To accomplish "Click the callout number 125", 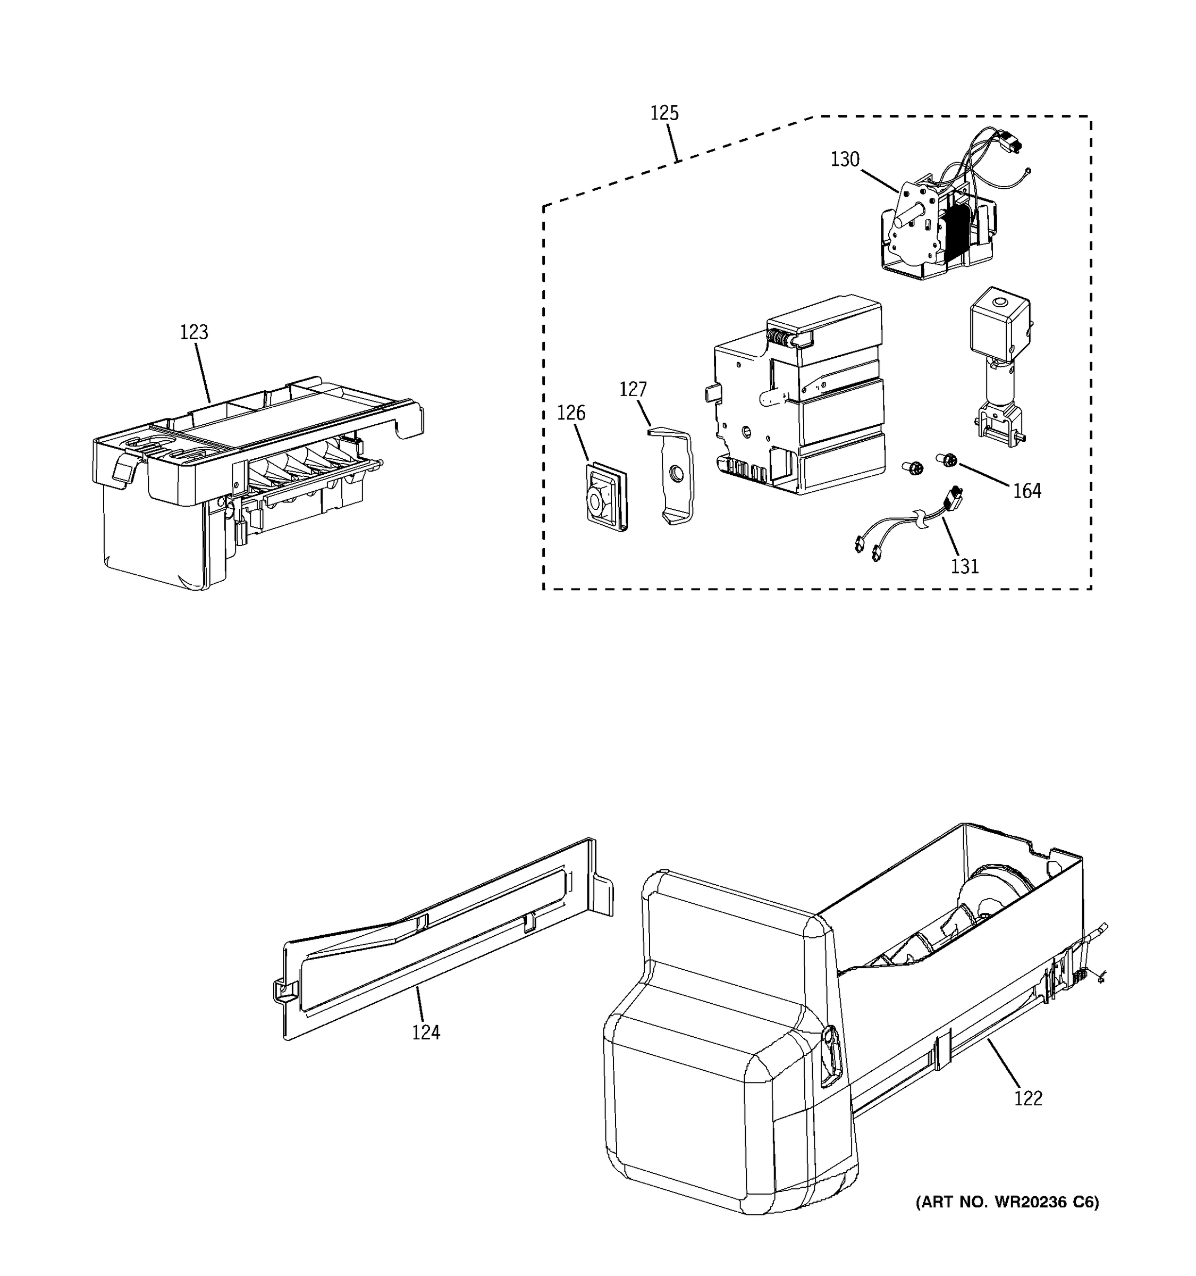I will tap(664, 113).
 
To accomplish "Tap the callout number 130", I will tap(845, 159).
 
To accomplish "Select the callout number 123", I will tap(194, 332).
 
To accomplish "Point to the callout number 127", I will tap(633, 390).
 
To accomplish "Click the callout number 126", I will tap(570, 413).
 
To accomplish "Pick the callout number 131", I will tap(964, 566).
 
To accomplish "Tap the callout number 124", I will tap(426, 1032).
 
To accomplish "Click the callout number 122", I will tap(1028, 1098).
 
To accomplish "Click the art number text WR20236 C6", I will tap(1007, 1202).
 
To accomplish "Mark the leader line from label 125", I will tap(672, 142).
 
